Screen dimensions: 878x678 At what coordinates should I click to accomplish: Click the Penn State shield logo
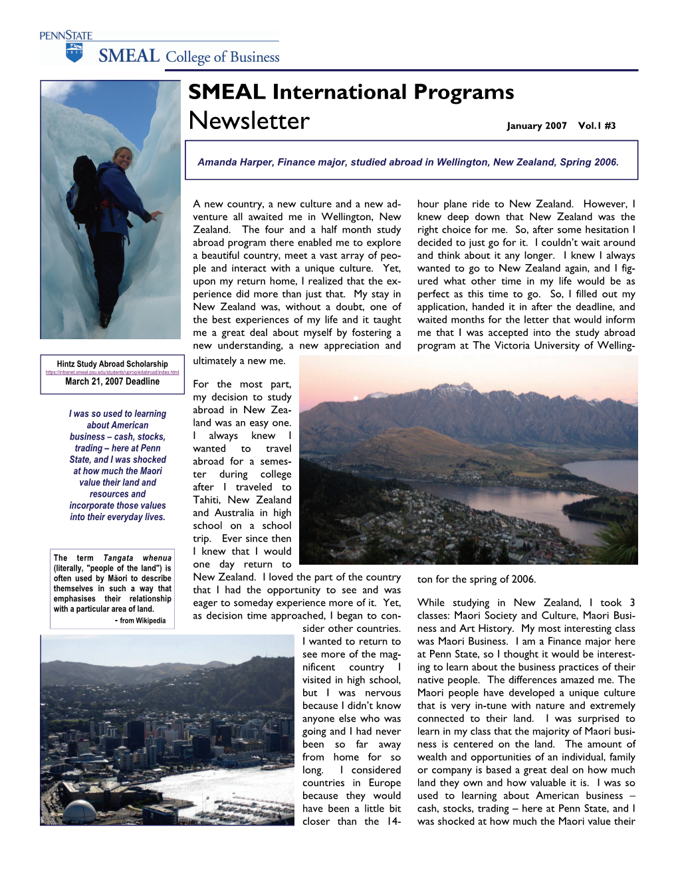coord(74,53)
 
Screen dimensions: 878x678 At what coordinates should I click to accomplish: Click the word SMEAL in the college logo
coord(129,56)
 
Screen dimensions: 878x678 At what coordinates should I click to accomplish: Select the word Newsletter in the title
coord(249,121)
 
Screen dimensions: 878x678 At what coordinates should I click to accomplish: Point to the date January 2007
coord(536,126)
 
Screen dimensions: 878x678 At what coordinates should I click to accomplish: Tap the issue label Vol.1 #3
coord(597,126)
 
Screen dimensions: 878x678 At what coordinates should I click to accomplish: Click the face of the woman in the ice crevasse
coord(122,158)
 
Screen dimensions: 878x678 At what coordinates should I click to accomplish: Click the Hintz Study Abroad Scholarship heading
coord(112,364)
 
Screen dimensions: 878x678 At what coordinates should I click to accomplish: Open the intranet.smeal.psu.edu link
coord(112,372)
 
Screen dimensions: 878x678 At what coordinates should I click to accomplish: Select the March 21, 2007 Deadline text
coord(112,382)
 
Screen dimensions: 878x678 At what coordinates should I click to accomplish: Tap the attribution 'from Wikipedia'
coord(142,621)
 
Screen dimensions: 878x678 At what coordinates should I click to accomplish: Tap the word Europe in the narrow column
coord(385,783)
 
